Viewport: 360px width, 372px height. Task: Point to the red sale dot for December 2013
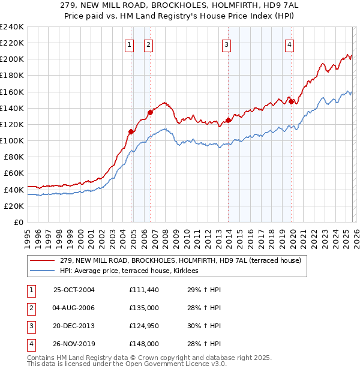pyautogui.click(x=228, y=120)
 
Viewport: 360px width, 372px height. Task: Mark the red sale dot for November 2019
pyautogui.click(x=291, y=101)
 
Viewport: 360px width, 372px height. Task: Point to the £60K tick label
pyautogui.click(x=14, y=173)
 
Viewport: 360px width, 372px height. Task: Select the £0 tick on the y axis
pyautogui.click(x=18, y=222)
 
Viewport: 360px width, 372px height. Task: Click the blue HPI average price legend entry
pyautogui.click(x=133, y=271)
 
